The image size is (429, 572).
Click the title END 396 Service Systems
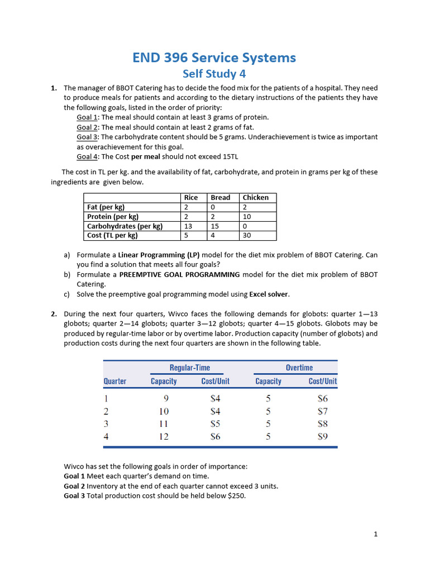(214, 58)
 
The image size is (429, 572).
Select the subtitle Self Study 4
(214, 74)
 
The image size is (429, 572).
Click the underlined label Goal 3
(87, 137)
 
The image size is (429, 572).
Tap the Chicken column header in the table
(255, 197)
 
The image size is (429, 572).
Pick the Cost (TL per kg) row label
(112, 235)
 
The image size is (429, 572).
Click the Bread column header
(220, 197)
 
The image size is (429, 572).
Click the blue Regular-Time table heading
(190, 367)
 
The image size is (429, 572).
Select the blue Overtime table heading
(299, 367)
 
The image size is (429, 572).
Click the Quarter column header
(115, 381)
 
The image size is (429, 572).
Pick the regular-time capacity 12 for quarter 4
(164, 437)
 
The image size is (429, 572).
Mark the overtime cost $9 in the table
(322, 437)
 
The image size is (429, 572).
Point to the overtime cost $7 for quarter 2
(322, 411)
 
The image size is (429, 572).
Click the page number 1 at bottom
(376, 534)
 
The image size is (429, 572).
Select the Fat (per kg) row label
(106, 207)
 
